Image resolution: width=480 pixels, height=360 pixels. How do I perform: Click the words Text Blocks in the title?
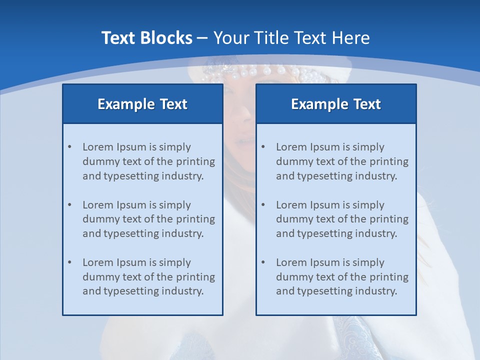(146, 38)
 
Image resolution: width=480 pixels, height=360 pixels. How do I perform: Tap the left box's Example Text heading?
(142, 104)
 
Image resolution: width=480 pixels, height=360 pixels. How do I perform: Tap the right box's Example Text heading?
(336, 104)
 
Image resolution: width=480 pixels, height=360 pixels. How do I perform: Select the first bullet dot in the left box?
(70, 147)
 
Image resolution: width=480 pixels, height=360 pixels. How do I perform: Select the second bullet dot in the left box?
(70, 205)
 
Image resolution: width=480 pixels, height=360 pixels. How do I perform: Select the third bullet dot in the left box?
(70, 262)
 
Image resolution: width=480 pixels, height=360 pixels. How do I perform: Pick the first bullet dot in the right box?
(263, 147)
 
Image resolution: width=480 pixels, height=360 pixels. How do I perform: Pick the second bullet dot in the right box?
(263, 205)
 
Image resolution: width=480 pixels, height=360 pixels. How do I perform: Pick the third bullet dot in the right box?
(263, 262)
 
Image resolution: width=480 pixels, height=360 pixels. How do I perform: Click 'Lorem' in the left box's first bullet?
(97, 147)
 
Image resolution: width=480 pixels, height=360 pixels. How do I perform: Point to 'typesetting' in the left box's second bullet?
(127, 233)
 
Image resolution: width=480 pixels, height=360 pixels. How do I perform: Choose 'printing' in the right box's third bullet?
(389, 276)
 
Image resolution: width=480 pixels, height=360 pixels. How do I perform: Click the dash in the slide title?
(202, 38)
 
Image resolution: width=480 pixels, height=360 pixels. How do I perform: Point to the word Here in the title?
(352, 38)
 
